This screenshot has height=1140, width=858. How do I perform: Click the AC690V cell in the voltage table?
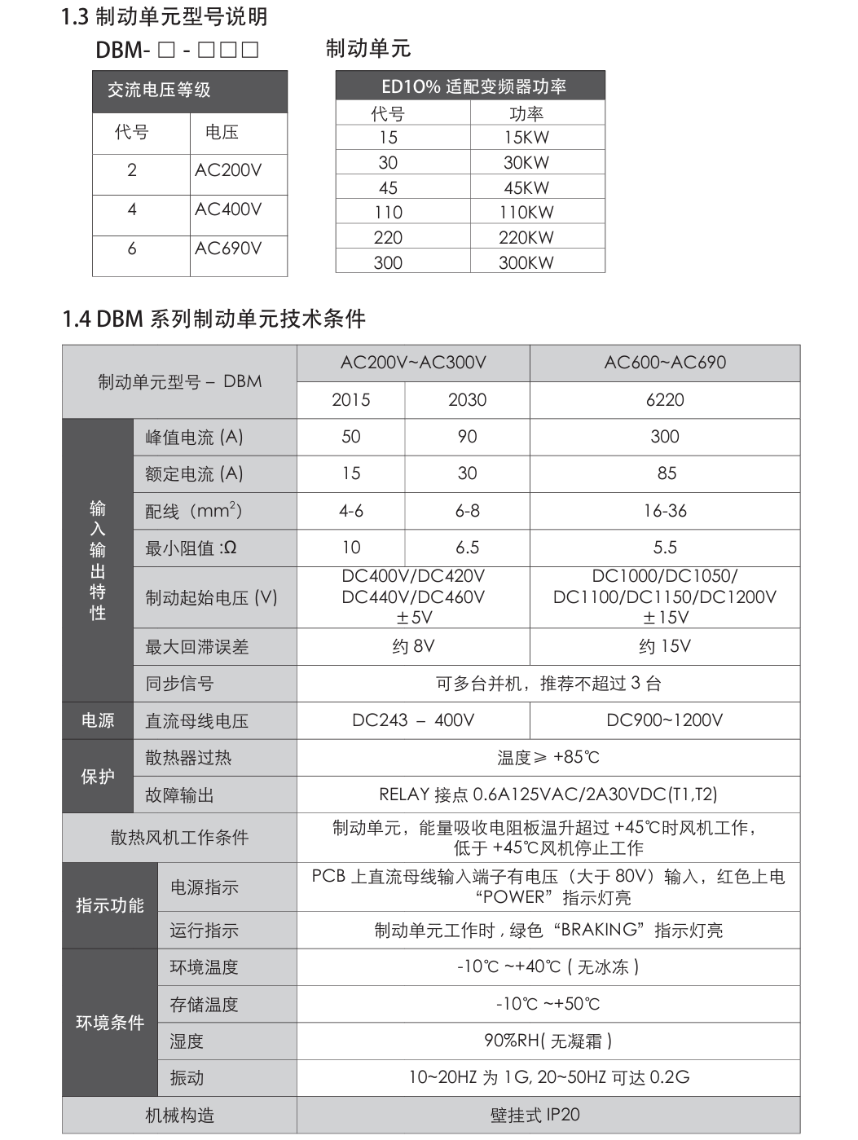point(228,249)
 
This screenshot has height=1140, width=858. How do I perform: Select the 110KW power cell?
point(526,213)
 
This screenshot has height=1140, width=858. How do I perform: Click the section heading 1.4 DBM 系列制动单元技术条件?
point(213,319)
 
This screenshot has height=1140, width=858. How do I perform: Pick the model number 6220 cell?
point(665,400)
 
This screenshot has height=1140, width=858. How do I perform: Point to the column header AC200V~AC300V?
point(413,363)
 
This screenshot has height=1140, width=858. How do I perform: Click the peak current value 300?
point(665,437)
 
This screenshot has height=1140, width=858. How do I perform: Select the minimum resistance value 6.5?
point(467,548)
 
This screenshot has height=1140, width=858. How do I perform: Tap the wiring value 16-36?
point(665,511)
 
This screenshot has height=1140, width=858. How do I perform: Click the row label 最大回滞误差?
point(197,647)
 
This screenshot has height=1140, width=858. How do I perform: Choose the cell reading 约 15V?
point(665,647)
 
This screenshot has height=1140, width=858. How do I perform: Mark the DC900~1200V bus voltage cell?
point(665,720)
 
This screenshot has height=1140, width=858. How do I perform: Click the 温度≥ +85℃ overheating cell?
point(548,758)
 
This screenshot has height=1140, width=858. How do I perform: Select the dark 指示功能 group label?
point(110,905)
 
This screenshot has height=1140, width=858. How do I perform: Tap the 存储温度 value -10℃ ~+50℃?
point(548,1004)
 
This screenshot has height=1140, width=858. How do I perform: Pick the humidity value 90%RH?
point(548,1041)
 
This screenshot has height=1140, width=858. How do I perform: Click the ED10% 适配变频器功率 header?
point(470,86)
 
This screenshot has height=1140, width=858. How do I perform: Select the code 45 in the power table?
point(388,188)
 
